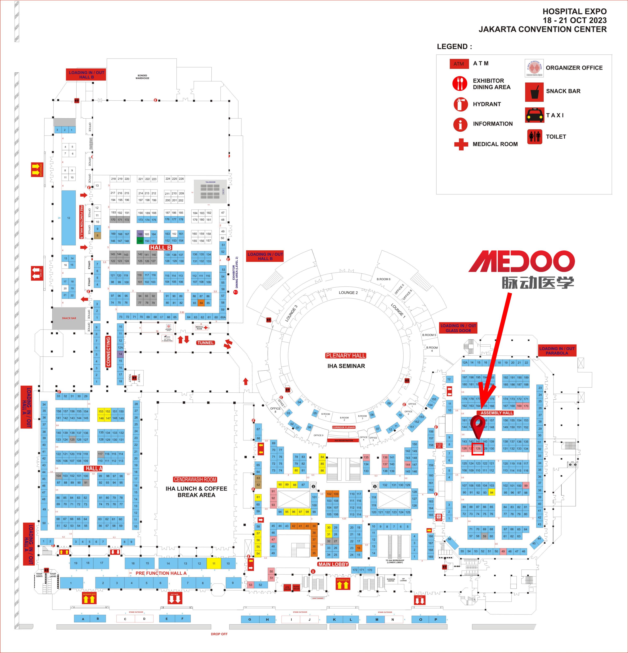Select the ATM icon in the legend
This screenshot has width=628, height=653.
pos(459,64)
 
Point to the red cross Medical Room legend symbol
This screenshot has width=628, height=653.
pos(461,145)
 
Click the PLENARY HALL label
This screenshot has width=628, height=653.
pos(346,356)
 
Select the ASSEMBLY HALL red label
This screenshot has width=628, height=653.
pos(497,413)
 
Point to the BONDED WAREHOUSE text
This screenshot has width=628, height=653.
pos(142,77)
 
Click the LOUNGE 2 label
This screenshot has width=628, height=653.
pos(348,293)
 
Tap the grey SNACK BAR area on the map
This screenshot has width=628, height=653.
pos(69,318)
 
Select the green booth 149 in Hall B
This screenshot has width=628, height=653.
pos(140,241)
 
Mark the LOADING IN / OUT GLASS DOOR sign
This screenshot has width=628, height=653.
pos(458,328)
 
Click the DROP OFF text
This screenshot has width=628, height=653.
pos(219,634)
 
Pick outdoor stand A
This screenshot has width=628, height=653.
pos(83,619)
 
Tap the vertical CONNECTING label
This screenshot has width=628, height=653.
pos(108,351)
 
